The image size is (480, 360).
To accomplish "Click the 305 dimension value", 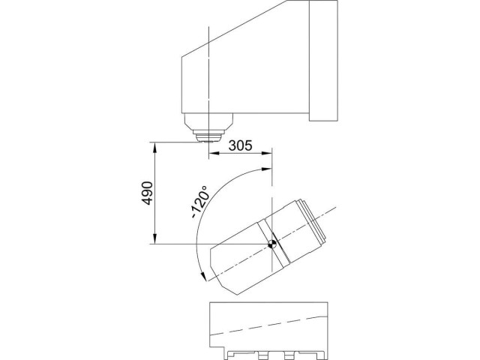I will pos(240,146).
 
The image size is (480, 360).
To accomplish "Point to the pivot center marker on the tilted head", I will pos(273,243).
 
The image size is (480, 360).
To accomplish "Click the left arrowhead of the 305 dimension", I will pos(211,154).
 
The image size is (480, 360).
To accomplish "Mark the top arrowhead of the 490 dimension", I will pos(155,145).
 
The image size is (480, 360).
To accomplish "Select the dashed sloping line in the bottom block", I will pos(270,322).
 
